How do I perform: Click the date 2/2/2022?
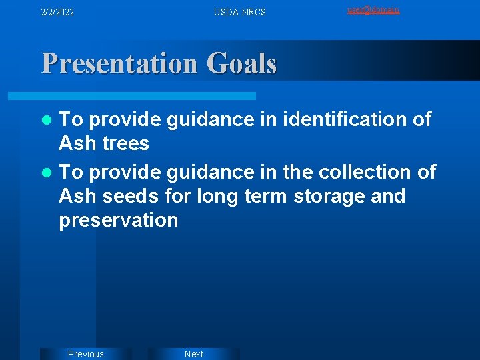[x=57, y=12]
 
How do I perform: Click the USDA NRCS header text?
[x=239, y=12]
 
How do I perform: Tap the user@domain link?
[x=373, y=10]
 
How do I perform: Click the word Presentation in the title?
[x=119, y=64]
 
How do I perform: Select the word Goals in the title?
[x=241, y=64]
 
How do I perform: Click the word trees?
[x=125, y=143]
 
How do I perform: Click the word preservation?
[x=119, y=220]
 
